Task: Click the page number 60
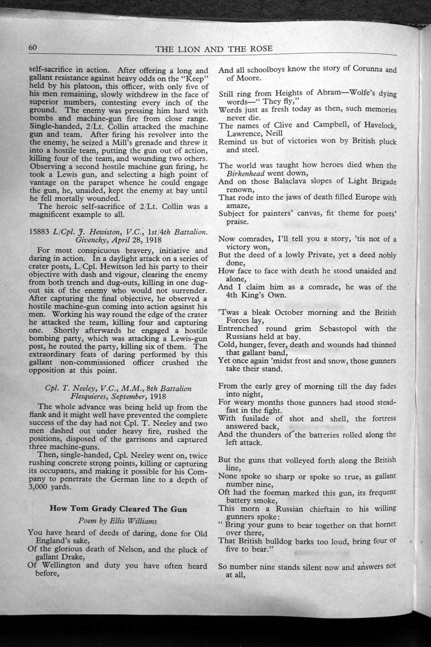click(x=33, y=47)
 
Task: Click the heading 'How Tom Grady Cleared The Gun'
click(x=118, y=509)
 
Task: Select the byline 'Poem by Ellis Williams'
click(x=118, y=521)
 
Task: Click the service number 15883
click(x=40, y=230)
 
